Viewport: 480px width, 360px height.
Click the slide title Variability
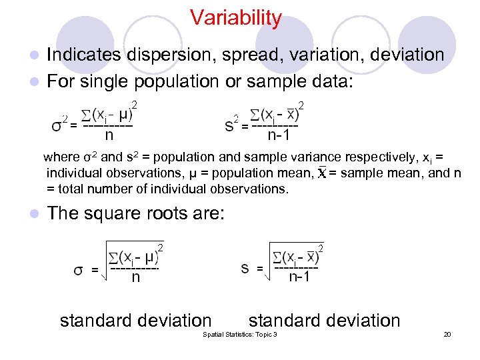235,18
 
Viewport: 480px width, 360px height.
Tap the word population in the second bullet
176,81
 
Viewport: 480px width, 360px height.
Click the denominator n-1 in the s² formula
278,136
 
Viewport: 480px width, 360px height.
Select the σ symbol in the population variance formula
57,125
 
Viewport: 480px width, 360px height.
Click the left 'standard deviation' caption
135,321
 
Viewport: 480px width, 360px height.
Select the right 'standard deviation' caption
325,321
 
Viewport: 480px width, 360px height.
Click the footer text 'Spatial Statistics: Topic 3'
239,334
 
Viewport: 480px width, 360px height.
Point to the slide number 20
447,334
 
